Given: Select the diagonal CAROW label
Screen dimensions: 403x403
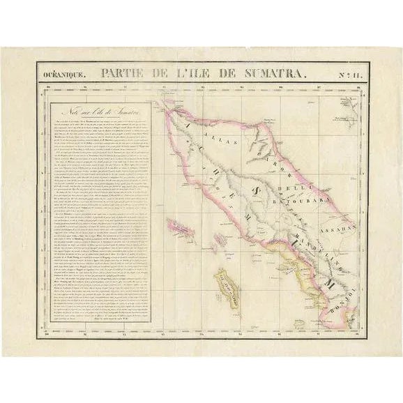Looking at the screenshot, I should pyautogui.click(x=269, y=153).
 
